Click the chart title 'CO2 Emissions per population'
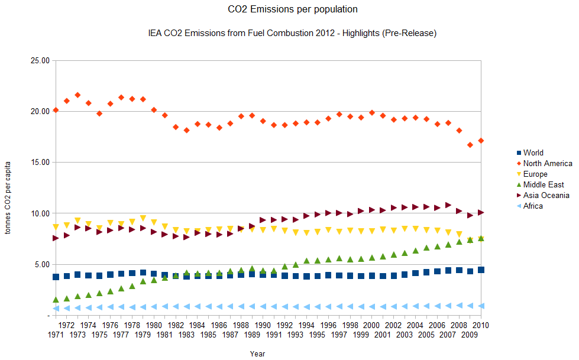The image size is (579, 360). pyautogui.click(x=293, y=9)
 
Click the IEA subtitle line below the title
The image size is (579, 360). pyautogui.click(x=292, y=34)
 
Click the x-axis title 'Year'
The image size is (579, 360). pyautogui.click(x=257, y=354)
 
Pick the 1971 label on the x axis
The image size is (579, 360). pyautogui.click(x=56, y=335)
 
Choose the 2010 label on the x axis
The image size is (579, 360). pyautogui.click(x=480, y=325)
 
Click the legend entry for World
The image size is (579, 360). pyautogui.click(x=533, y=153)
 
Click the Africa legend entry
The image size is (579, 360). pyautogui.click(x=533, y=206)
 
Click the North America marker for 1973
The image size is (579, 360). pyautogui.click(x=77, y=95)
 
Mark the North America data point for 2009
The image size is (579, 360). pyautogui.click(x=470, y=145)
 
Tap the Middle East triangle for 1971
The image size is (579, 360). pyautogui.click(x=56, y=300)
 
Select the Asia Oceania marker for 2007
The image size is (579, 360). pyautogui.click(x=448, y=205)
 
